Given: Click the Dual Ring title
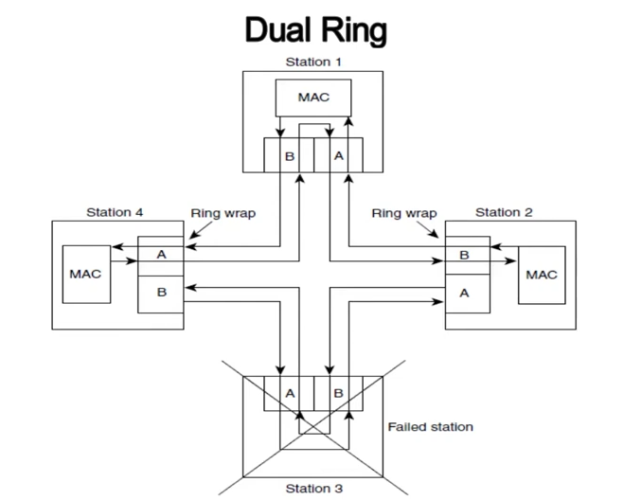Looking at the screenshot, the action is click(x=315, y=30).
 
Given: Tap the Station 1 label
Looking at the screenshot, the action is click(x=313, y=62).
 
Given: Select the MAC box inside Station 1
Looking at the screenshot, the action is click(x=313, y=98).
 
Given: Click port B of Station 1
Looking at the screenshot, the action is click(x=290, y=155).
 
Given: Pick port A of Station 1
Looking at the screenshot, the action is click(x=339, y=155).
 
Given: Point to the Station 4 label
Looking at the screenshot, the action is click(x=115, y=212).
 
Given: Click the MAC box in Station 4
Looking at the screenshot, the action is click(x=86, y=275).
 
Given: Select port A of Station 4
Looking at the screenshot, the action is click(x=161, y=256).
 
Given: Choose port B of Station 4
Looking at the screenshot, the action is click(x=161, y=295).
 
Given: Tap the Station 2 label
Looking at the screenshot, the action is click(x=504, y=212).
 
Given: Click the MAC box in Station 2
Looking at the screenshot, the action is click(x=542, y=275).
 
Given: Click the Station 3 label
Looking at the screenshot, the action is click(x=314, y=489).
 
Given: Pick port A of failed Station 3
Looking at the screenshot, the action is click(x=290, y=393).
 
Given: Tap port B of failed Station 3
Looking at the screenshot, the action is click(x=339, y=393).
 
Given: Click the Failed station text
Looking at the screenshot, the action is click(x=431, y=427).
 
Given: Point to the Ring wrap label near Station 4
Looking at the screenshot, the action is click(x=223, y=213).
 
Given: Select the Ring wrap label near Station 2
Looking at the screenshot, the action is click(x=404, y=213).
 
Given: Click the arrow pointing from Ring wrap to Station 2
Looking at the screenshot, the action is click(x=427, y=230).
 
